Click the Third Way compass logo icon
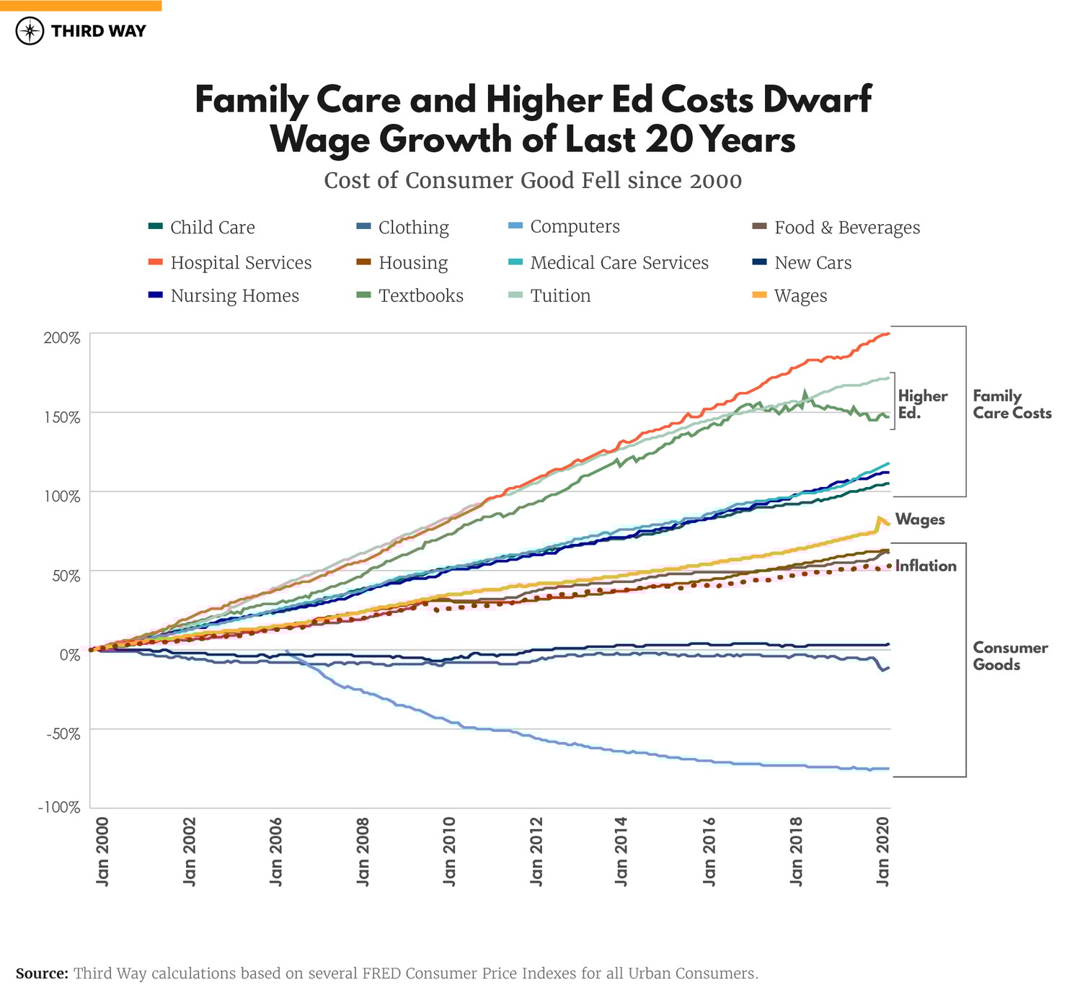(x=30, y=31)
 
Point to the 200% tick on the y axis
(x=62, y=338)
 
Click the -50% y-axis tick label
(x=62, y=734)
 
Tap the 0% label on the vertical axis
(x=69, y=655)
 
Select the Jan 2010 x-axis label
(x=449, y=851)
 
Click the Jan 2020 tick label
(x=882, y=851)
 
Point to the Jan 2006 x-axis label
(x=276, y=851)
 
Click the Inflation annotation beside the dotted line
(x=926, y=566)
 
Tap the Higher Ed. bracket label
(x=922, y=404)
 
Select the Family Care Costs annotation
(x=1011, y=404)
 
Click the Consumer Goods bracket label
(x=1010, y=656)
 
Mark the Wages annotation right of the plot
(x=920, y=519)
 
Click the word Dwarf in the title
(x=817, y=99)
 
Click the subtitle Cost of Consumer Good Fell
(x=533, y=180)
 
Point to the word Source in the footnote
(x=41, y=973)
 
